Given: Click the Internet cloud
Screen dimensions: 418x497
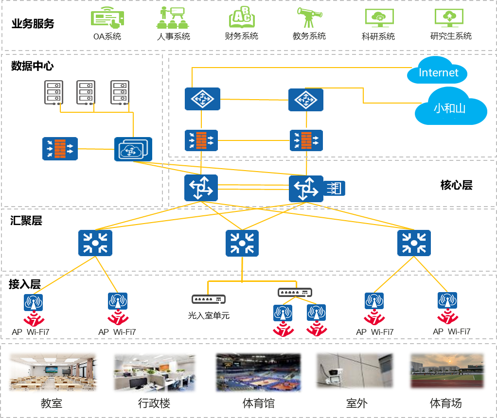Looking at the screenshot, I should point(438,72).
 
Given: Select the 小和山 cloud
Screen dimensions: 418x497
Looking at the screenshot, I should point(450,107).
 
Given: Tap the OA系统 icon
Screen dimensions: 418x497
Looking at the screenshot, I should point(107,18).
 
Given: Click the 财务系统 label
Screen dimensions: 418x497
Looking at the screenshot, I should point(242,36).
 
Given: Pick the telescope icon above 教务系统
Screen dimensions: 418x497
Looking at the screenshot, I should point(308,18).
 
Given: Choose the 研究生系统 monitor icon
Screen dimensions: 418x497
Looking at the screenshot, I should point(450,18).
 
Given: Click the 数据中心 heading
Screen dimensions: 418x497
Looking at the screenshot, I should point(32,66).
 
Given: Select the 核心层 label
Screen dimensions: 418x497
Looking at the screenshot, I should point(456,185).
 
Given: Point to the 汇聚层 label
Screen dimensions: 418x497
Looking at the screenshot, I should point(26,221).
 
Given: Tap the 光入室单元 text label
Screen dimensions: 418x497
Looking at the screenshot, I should point(209,315).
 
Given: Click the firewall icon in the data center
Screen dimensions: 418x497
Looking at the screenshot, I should point(60,148).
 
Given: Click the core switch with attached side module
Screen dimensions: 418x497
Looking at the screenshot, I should point(306,189).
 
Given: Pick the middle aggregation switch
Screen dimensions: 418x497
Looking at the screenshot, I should point(242,243).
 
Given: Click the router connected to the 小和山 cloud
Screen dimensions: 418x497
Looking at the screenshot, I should point(305,100).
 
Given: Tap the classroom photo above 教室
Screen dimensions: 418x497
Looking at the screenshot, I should point(53,372).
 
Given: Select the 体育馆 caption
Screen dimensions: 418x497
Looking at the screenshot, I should point(259,403).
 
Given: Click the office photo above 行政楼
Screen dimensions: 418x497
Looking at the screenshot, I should point(155,372).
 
